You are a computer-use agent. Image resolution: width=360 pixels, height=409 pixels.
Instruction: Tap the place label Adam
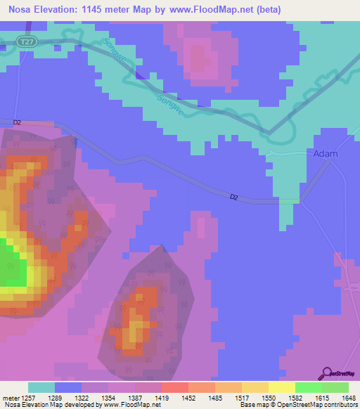[x=326, y=153]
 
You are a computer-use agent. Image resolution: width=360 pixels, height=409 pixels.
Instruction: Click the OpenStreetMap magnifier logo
[x=326, y=373]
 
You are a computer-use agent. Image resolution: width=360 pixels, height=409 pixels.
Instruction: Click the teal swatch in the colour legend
[x=41, y=387]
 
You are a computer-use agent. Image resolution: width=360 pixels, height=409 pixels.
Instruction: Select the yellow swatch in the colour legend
[x=281, y=387]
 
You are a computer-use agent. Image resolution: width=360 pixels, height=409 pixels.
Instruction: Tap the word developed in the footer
[x=82, y=405]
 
